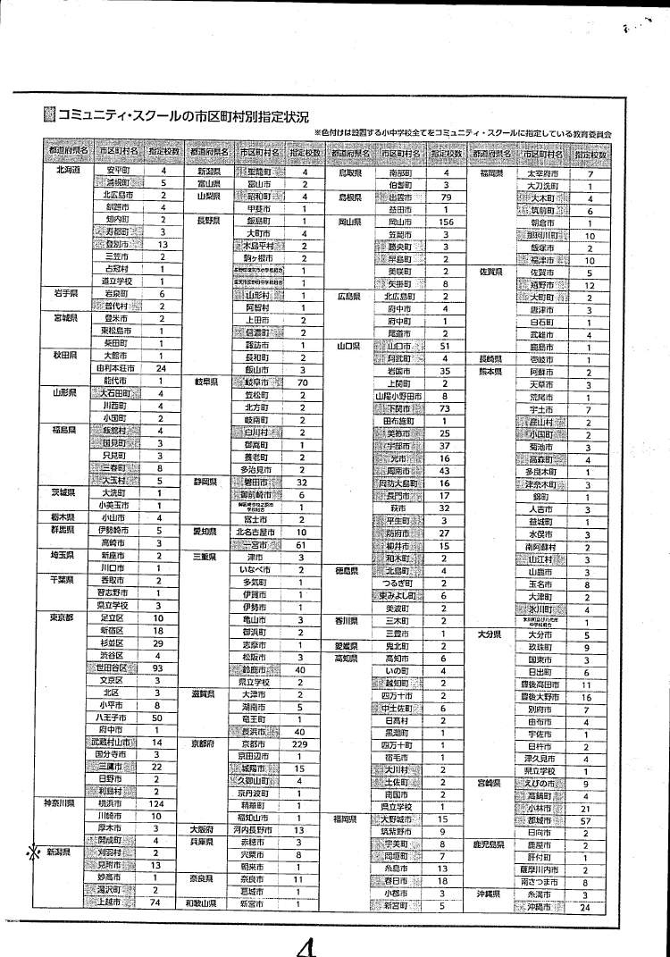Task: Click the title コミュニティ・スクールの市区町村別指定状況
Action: coord(183,116)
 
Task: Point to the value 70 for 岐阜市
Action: coord(303,382)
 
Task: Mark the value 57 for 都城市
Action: coord(586,818)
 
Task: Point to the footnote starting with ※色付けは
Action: coord(463,133)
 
